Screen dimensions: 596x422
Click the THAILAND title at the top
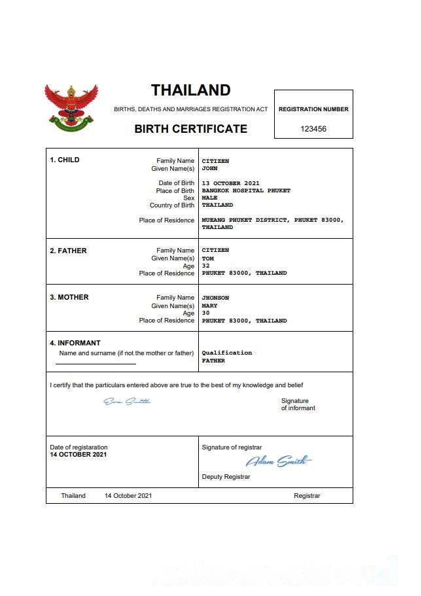click(190, 90)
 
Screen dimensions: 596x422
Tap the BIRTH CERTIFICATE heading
click(190, 129)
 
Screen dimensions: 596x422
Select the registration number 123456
click(313, 129)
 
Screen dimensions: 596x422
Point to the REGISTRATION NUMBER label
click(313, 109)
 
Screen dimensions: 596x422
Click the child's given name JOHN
click(209, 168)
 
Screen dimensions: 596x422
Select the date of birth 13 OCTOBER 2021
click(231, 183)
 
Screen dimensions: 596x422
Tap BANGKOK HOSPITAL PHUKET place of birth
click(246, 190)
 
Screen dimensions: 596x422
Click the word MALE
click(209, 198)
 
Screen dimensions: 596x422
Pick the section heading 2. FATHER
click(69, 251)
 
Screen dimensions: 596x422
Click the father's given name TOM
click(208, 258)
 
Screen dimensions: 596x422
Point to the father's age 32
click(206, 266)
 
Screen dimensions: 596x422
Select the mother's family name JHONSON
click(216, 298)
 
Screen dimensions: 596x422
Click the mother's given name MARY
click(209, 306)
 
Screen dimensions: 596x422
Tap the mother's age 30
click(206, 313)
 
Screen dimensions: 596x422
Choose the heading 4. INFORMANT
click(75, 343)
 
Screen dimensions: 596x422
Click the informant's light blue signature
click(127, 401)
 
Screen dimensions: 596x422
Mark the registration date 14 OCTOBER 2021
click(79, 454)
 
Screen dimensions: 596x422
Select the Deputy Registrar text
click(226, 477)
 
